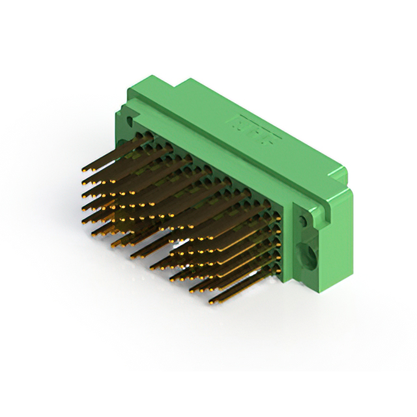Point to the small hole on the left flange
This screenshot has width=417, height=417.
click(128, 121)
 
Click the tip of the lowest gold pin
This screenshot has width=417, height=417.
click(211, 302)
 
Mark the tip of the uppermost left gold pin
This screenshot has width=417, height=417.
click(84, 169)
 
